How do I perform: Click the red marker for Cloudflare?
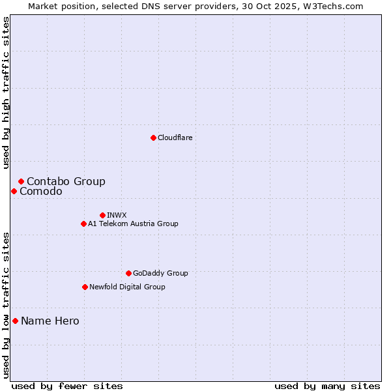153,138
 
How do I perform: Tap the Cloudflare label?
175,138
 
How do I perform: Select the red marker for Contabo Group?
22,181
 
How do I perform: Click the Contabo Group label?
66,182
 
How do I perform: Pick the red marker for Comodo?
14,191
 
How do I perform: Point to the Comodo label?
41,192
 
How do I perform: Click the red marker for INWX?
102,215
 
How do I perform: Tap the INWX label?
117,216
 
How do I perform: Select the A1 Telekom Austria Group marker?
83,224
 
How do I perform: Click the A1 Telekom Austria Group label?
133,224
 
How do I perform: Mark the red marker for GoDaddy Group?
128,273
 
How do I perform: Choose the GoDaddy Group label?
160,274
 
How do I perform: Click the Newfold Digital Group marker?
85,287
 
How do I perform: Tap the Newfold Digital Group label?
127,287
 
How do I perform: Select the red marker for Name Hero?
15,321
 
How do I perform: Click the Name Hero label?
50,321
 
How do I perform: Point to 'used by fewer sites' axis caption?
67,386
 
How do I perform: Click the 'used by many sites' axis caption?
327,386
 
